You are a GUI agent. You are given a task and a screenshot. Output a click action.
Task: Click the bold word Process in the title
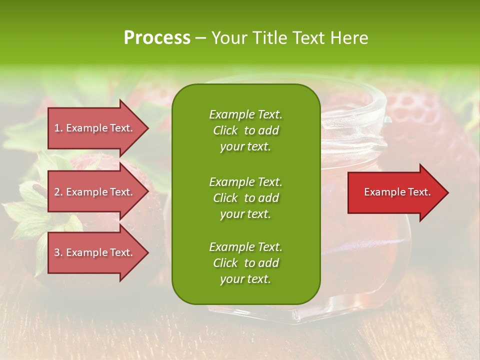(x=157, y=37)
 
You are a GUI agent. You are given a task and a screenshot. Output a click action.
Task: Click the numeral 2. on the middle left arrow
(x=59, y=192)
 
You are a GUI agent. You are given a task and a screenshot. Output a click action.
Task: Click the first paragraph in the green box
(x=245, y=130)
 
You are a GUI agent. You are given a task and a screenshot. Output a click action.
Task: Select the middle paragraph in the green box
(x=245, y=198)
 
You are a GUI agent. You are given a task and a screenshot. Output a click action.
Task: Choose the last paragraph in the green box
(x=245, y=263)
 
